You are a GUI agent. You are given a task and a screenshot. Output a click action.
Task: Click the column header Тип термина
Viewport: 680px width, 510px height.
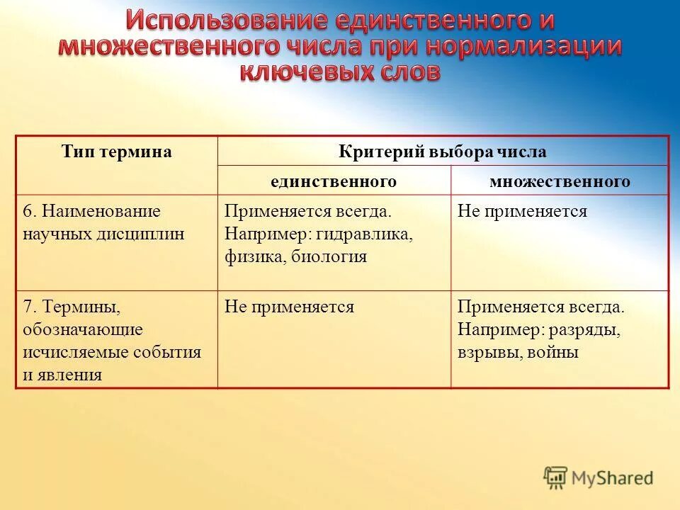click(x=117, y=152)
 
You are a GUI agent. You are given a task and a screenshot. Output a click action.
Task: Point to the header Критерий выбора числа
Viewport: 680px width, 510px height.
click(x=442, y=152)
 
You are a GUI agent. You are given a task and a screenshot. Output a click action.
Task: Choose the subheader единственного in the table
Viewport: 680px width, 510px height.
click(x=333, y=181)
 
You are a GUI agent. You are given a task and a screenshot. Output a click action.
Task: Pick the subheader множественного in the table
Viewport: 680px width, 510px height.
click(x=560, y=181)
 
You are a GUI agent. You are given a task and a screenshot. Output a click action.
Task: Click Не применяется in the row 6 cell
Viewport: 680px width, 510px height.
click(x=522, y=211)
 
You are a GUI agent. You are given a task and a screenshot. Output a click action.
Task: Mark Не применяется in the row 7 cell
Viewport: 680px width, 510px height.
click(x=289, y=307)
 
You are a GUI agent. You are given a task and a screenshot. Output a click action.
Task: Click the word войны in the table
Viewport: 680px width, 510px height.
click(x=553, y=352)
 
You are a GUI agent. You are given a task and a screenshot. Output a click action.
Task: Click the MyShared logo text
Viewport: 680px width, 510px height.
click(x=613, y=478)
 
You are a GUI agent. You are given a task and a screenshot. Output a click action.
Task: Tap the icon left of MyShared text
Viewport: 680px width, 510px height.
click(x=555, y=477)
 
